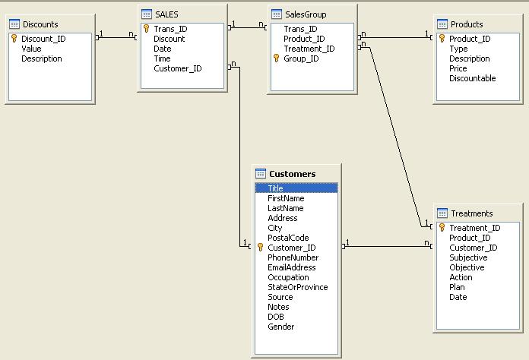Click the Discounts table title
pyautogui.click(x=40, y=24)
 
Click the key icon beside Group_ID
pyautogui.click(x=277, y=58)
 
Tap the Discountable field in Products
pyautogui.click(x=472, y=78)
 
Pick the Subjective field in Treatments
pyautogui.click(x=468, y=257)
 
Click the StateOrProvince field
pyautogui.click(x=298, y=287)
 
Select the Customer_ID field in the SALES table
pyautogui.click(x=178, y=68)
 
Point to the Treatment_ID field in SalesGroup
pyautogui.click(x=309, y=49)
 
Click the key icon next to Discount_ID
pyautogui.click(x=14, y=39)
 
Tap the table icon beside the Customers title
pyautogui.click(x=261, y=174)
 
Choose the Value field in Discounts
pyautogui.click(x=31, y=49)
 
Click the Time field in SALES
pyautogui.click(x=163, y=58)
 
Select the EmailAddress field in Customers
pyautogui.click(x=292, y=267)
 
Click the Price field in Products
pyautogui.click(x=458, y=68)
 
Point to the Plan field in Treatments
pyautogui.click(x=457, y=287)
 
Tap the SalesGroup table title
pyautogui.click(x=306, y=14)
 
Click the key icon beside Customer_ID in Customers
pyautogui.click(x=260, y=248)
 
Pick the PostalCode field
pyautogui.click(x=288, y=238)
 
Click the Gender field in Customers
pyautogui.click(x=280, y=327)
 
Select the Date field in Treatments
pyautogui.click(x=458, y=297)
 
